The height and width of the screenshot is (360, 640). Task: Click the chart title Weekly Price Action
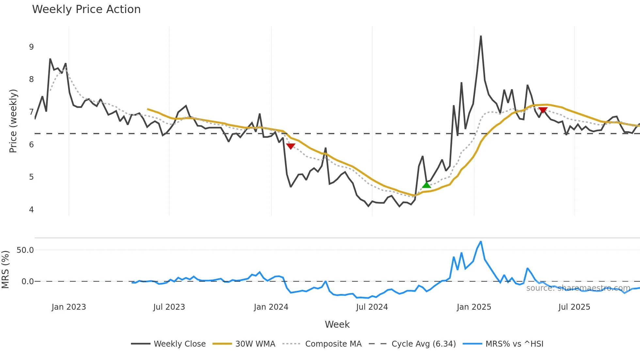(x=86, y=9)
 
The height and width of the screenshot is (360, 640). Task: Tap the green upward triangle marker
(x=426, y=185)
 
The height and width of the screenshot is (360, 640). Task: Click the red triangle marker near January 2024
(x=291, y=146)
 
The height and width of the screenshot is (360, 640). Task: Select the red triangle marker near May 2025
(x=543, y=110)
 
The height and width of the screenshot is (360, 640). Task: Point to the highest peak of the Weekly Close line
(x=481, y=36)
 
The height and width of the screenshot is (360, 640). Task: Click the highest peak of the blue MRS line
(x=481, y=242)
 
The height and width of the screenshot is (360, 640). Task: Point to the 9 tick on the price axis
(x=31, y=47)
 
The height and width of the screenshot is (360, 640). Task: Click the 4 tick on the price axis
(x=31, y=209)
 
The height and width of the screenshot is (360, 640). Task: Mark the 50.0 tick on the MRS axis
(x=25, y=250)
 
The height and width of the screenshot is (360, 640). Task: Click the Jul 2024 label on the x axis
(x=372, y=307)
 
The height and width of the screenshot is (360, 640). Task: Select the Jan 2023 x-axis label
(x=69, y=307)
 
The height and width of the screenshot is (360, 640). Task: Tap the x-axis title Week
(x=337, y=324)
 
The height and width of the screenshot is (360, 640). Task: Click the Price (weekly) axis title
(x=13, y=121)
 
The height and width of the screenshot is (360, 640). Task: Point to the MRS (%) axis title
(x=5, y=270)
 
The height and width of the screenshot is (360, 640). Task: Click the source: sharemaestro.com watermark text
(x=578, y=288)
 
